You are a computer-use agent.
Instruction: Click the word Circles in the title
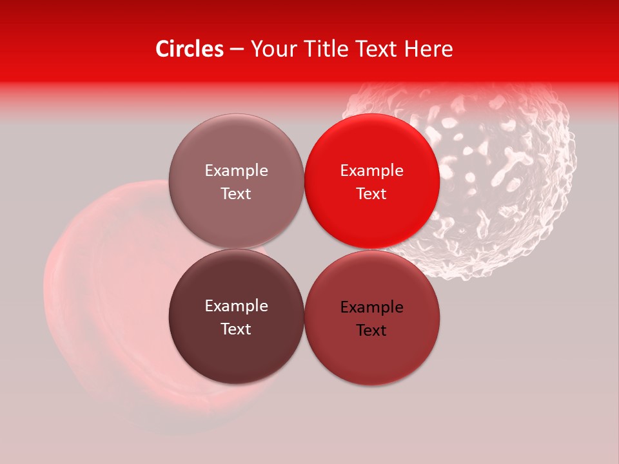190,49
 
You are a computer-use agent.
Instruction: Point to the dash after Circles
237,50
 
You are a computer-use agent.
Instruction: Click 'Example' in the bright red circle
372,171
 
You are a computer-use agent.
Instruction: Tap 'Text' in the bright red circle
372,194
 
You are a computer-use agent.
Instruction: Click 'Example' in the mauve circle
236,171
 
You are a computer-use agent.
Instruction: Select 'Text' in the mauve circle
236,194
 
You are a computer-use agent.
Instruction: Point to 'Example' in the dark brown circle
236,306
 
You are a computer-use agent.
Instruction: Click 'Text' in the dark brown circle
236,329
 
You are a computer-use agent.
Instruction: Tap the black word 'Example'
372,307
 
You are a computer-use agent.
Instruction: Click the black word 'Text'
372,331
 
